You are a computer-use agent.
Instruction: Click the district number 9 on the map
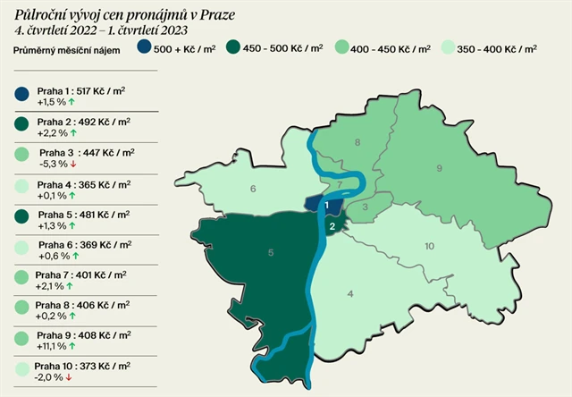pyautogui.click(x=439, y=167)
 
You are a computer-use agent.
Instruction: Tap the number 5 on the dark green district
pyautogui.click(x=270, y=253)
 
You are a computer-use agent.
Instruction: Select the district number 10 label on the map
pyautogui.click(x=428, y=246)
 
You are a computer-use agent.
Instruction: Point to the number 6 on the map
pyautogui.click(x=253, y=188)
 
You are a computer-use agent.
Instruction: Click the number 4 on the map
pyautogui.click(x=350, y=293)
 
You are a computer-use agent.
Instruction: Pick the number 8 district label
pyautogui.click(x=357, y=142)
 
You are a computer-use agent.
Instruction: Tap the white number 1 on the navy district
pyautogui.click(x=328, y=206)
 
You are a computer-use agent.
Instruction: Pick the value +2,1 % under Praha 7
pyautogui.click(x=51, y=285)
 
